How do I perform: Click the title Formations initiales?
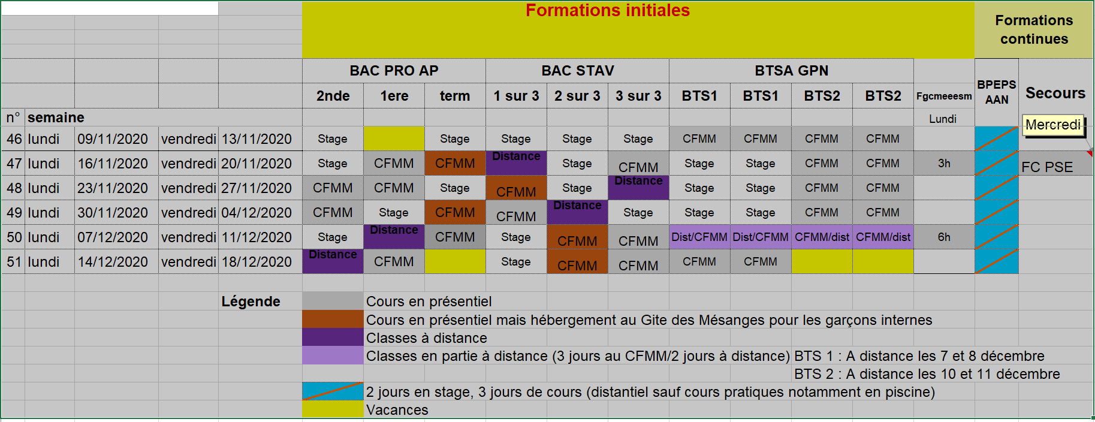point(608,11)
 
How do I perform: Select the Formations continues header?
point(1034,29)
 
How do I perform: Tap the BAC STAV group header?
point(578,71)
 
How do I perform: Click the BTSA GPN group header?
point(791,71)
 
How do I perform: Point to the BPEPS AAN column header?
point(997,92)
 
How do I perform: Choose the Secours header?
point(1055,93)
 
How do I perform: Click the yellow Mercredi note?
point(1053,125)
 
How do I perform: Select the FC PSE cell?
point(1047,167)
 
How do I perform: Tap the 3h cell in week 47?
point(944,163)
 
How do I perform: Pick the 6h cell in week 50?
point(944,237)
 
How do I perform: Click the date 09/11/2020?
point(113,139)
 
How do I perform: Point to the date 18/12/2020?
point(257,262)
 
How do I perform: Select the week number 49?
point(14,213)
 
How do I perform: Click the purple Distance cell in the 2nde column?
point(333,261)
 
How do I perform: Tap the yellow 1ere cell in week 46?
point(394,138)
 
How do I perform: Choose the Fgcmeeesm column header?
point(944,96)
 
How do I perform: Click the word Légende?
point(251,302)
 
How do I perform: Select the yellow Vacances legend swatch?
point(333,409)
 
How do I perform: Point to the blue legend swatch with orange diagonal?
point(333,391)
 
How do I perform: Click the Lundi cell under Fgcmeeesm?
point(943,119)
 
